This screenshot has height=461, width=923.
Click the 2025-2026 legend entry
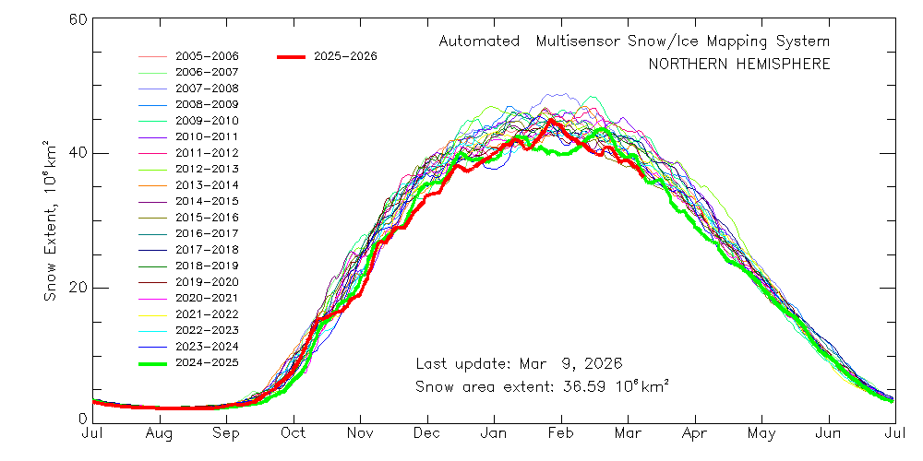(x=345, y=56)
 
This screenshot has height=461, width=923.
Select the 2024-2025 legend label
(x=207, y=363)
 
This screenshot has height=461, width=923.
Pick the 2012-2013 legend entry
(x=207, y=169)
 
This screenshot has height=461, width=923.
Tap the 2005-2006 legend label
(x=207, y=55)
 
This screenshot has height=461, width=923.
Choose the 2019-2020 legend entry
(x=207, y=282)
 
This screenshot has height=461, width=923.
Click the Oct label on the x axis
(x=294, y=432)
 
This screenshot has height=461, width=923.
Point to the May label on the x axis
(x=761, y=432)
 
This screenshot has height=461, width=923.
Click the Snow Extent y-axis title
(x=53, y=220)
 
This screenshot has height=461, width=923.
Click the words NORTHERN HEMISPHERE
(x=738, y=65)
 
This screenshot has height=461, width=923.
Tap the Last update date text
(x=519, y=362)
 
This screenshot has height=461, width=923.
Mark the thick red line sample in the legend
(x=291, y=57)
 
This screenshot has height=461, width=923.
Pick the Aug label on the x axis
(x=159, y=432)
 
